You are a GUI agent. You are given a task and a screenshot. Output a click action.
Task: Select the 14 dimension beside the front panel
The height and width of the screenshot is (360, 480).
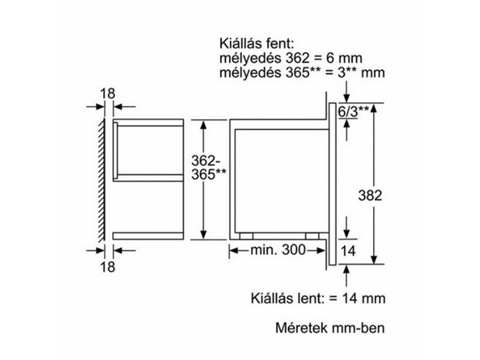click(349, 252)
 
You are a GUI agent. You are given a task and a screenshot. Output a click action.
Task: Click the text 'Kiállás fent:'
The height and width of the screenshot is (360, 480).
click(256, 43)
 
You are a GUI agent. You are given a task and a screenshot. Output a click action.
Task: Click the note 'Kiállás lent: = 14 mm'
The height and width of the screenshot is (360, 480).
click(318, 298)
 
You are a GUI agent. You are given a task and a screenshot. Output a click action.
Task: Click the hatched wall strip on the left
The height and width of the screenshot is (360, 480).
click(101, 180)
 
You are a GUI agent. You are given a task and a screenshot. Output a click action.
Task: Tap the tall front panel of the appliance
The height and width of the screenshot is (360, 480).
click(332, 182)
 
